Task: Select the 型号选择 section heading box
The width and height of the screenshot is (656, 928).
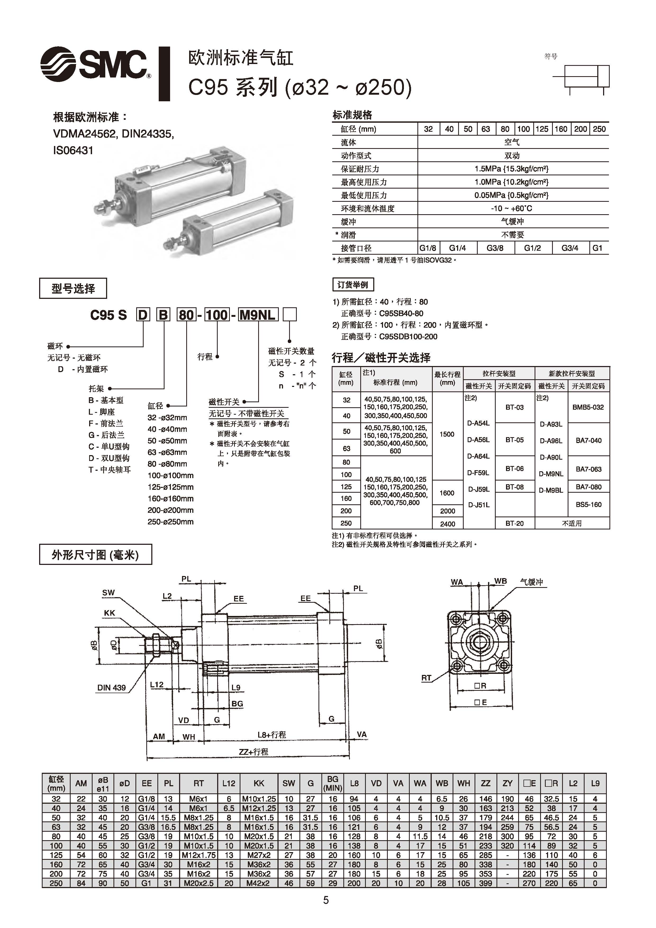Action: click(73, 289)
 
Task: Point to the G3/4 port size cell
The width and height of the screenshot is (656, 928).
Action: click(570, 248)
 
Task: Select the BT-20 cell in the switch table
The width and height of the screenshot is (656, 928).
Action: click(514, 523)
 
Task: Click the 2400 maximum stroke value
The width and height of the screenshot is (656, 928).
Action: click(448, 523)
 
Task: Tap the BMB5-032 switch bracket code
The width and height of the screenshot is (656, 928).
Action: click(588, 407)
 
